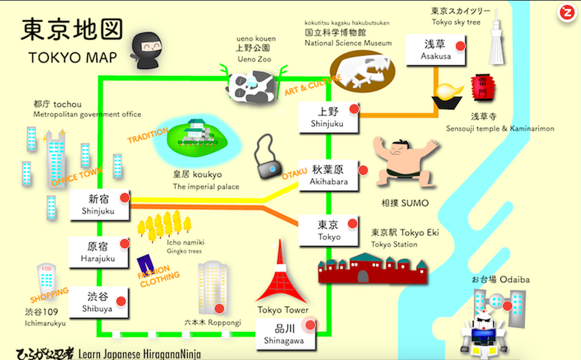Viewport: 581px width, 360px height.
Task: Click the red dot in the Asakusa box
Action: tap(460, 46)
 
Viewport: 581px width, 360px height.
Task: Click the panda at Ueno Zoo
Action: tap(249, 86)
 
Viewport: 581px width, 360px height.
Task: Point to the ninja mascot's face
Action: tap(149, 47)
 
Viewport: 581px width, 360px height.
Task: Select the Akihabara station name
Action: tap(329, 182)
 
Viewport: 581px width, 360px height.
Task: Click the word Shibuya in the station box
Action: tap(97, 309)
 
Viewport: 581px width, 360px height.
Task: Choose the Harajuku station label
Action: tap(98, 258)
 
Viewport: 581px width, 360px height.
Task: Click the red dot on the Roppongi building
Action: tap(219, 308)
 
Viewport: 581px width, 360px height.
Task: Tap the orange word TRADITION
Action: tap(148, 135)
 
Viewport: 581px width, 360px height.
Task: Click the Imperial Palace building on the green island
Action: tap(198, 131)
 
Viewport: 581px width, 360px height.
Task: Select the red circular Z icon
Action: tap(566, 13)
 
